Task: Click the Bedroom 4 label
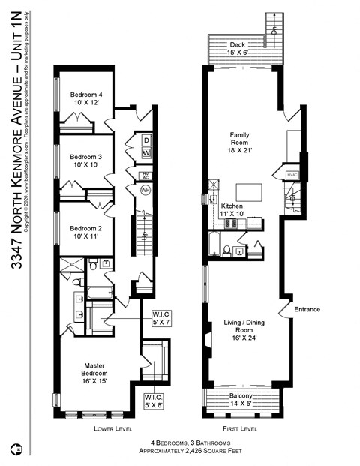(85, 95)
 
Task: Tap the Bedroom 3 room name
(85, 156)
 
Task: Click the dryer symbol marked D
(146, 140)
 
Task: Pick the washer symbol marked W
(146, 153)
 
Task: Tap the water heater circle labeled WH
(146, 190)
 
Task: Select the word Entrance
(307, 309)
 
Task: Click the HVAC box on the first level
(292, 174)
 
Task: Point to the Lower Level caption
(113, 429)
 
